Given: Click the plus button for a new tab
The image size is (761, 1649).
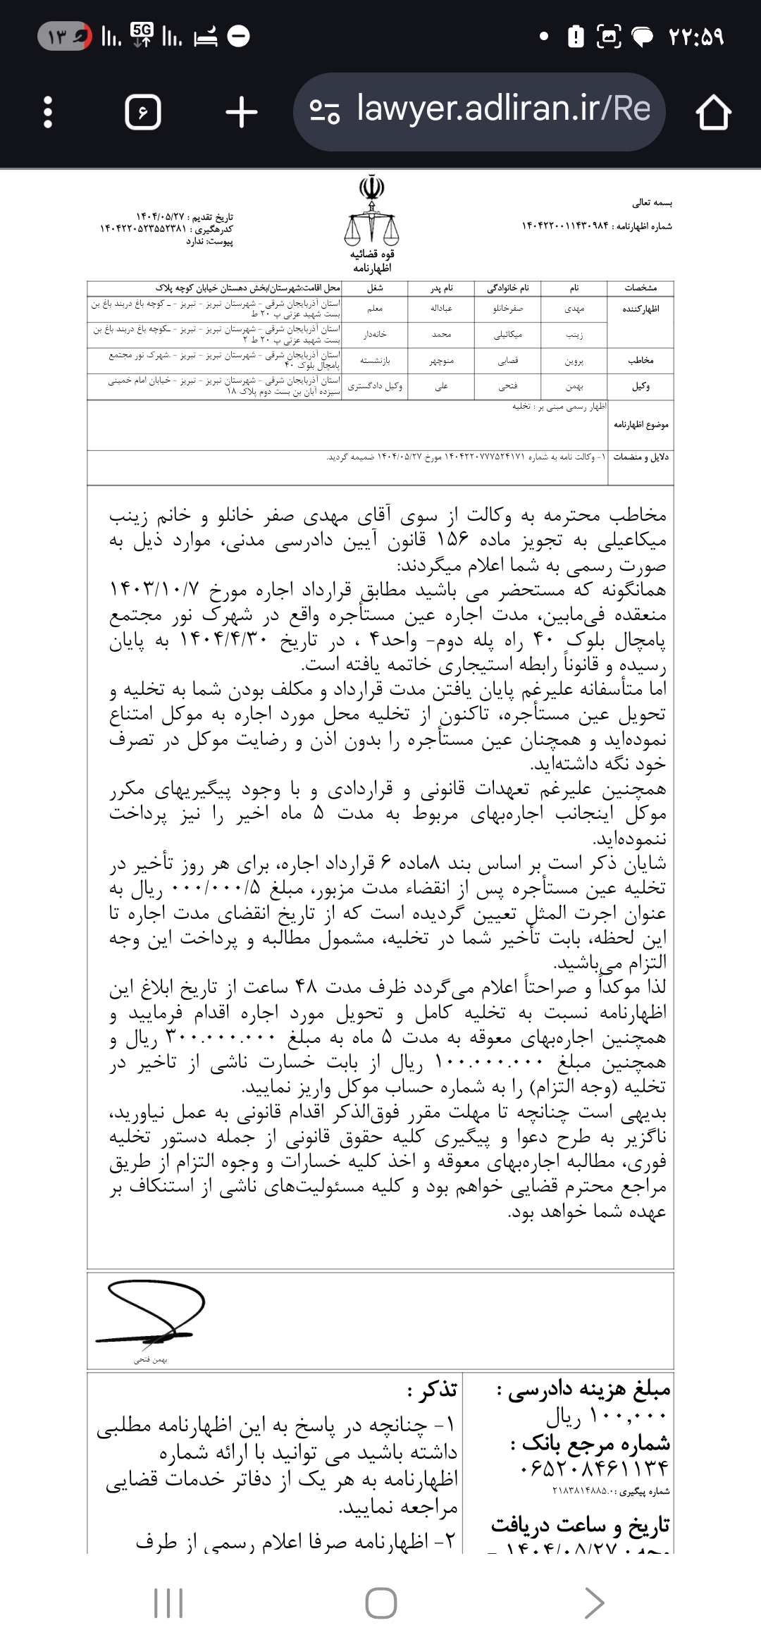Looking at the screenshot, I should coord(242,112).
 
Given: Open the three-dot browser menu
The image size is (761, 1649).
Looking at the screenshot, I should coord(48,112).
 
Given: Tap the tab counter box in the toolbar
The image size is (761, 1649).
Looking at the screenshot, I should coord(142,112).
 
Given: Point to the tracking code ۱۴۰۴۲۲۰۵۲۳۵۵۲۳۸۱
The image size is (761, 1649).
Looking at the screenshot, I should coord(144,229).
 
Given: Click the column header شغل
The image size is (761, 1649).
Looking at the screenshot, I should coord(375,288).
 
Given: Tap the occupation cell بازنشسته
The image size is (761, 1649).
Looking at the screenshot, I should coord(375,361).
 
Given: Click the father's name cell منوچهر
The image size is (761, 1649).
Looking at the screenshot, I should coord(443,361).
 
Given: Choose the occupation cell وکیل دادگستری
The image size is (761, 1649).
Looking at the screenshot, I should coord(375,386).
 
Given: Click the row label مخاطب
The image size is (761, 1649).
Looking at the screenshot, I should coord(640,361).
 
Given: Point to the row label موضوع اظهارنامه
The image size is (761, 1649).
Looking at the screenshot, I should coord(641,426).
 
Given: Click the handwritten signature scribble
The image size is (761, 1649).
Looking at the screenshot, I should coord(151,1312).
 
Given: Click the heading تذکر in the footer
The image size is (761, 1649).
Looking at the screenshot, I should coord(433,1390).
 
